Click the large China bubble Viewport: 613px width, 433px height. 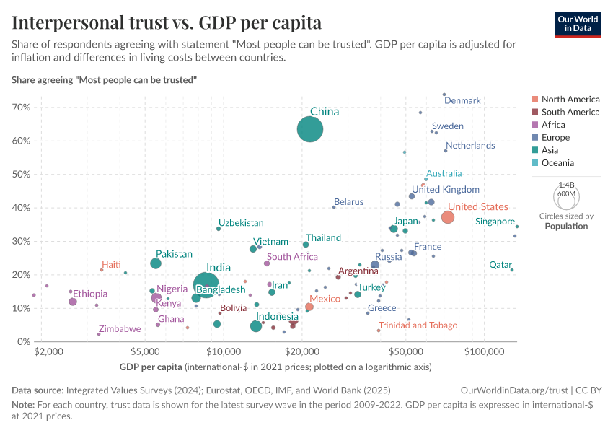pyautogui.click(x=310, y=130)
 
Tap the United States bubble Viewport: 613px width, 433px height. pyautogui.click(x=447, y=217)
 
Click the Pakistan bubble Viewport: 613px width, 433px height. pyautogui.click(x=156, y=263)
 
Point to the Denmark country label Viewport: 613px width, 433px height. pyautogui.click(x=462, y=100)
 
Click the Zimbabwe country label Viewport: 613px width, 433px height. pyautogui.click(x=120, y=329)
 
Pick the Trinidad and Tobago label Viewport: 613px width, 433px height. pyautogui.click(x=418, y=325)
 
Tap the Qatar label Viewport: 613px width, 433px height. pyautogui.click(x=500, y=265)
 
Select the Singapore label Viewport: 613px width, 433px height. pyautogui.click(x=495, y=222)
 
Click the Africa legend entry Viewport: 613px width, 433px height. pyautogui.click(x=553, y=125)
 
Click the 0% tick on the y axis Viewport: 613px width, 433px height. pyautogui.click(x=24, y=341)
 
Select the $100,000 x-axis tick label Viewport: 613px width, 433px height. pyautogui.click(x=484, y=352)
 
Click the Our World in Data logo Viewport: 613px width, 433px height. pyautogui.click(x=577, y=23)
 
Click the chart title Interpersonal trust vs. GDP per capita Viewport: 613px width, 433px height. pyautogui.click(x=167, y=22)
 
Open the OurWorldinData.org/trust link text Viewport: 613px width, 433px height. pyautogui.click(x=513, y=390)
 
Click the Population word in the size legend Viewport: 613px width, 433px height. pyautogui.click(x=566, y=226)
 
